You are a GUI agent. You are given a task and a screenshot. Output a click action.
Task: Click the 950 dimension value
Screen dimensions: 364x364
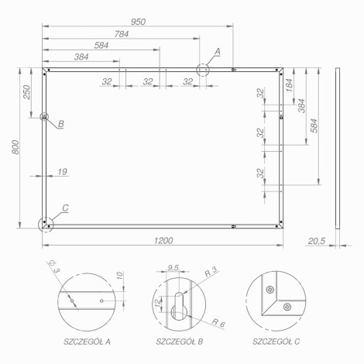coord(138,22)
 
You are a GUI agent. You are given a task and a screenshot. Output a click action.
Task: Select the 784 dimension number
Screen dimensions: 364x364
coord(122,34)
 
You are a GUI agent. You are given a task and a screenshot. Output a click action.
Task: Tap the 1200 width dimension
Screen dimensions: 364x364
coord(163,241)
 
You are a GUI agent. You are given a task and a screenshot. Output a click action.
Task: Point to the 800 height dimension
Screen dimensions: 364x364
coord(15,147)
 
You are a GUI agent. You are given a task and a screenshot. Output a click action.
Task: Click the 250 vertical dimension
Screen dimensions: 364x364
coord(27,92)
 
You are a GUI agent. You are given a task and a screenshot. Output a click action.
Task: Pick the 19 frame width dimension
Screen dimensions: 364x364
coord(63,172)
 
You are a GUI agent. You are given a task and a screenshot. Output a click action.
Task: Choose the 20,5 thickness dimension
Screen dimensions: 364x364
coord(316,241)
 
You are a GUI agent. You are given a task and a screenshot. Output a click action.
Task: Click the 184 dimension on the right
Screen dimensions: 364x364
coord(290,85)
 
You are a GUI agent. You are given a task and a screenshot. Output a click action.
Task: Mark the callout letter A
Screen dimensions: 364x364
coord(218,52)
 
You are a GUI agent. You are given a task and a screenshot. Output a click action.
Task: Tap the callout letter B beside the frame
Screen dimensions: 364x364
coord(61,124)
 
